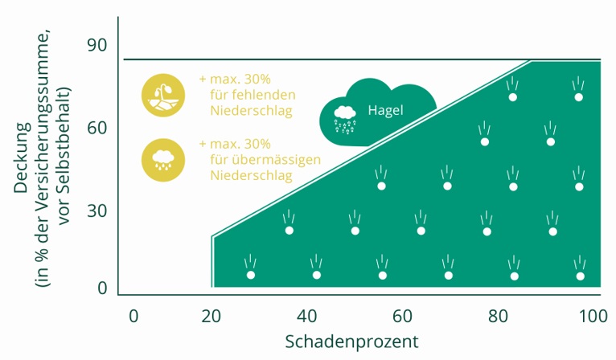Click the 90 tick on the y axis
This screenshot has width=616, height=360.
[x=97, y=45]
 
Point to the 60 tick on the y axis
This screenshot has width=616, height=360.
[x=97, y=128]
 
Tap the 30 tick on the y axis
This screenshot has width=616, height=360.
[x=97, y=211]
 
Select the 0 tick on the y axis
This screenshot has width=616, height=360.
[x=102, y=288]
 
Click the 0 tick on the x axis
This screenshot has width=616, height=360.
[x=133, y=316]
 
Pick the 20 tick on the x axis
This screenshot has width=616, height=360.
[x=211, y=316]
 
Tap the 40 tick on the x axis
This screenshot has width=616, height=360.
[x=307, y=316]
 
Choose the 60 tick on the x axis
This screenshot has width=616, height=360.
[x=402, y=316]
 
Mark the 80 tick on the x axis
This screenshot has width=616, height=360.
[x=498, y=316]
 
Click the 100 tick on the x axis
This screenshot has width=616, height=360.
[x=593, y=316]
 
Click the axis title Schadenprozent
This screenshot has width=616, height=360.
[x=351, y=342]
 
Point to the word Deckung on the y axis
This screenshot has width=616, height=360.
[x=22, y=157]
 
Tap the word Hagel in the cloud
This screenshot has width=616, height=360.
[x=385, y=110]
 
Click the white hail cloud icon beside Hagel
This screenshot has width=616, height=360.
[x=344, y=119]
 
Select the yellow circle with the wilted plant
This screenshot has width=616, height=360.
[x=163, y=96]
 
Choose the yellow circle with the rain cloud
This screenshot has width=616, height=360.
[x=163, y=160]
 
